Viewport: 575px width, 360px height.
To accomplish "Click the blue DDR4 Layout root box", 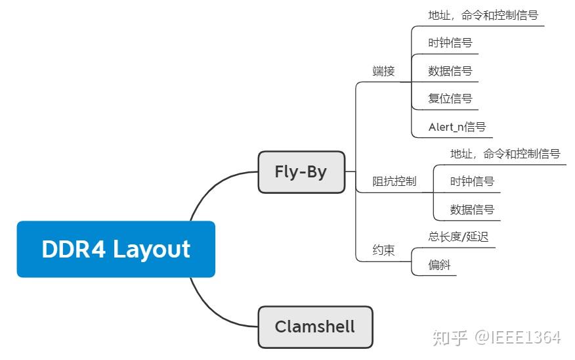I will coord(116,249).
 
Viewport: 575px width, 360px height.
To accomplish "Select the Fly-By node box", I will coord(301,172).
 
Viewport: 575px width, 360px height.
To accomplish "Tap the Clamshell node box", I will coord(315,326).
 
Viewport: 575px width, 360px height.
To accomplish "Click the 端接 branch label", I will coord(383,71).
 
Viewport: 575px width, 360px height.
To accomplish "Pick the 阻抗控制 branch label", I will coord(394,181).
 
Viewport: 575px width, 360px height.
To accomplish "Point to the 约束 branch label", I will coord(383,250).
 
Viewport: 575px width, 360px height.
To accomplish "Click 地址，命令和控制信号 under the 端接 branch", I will coord(483,15).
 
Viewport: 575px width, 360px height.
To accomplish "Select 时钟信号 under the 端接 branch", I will coord(450,43).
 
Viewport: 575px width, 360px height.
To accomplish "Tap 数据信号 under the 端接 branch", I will coord(450,71).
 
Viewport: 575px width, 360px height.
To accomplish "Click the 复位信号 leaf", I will coord(450,99).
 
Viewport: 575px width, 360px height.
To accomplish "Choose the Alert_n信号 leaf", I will coord(457,127).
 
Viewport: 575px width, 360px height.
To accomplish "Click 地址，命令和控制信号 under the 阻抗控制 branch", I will coord(505,154).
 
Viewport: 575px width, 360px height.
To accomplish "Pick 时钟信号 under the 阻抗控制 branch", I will coord(472,181).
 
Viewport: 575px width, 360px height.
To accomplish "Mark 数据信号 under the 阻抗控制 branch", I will coord(472,210).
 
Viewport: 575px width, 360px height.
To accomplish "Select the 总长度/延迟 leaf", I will coord(458,236).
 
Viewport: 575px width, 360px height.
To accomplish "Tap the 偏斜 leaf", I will coord(439,265).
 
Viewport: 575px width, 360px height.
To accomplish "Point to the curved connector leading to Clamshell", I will coord(213,309).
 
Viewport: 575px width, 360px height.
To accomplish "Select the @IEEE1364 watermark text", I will coord(519,338).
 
